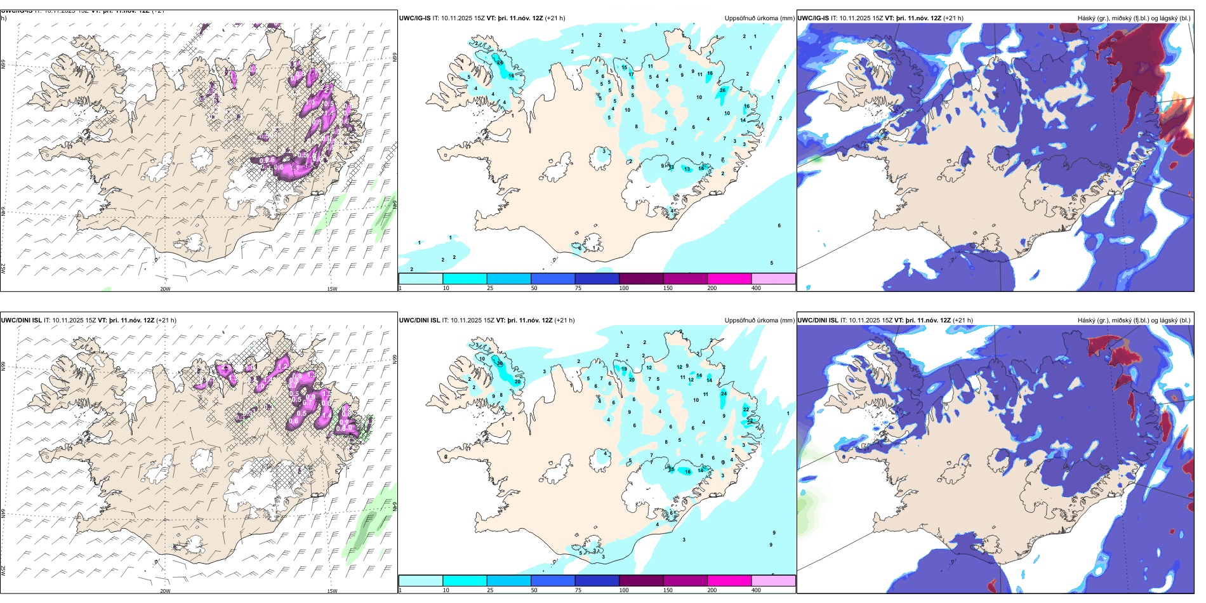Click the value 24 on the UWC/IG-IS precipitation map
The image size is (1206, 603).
(500, 63)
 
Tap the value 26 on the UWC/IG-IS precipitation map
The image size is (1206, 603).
(722, 90)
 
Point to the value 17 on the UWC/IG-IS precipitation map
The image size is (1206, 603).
(631, 75)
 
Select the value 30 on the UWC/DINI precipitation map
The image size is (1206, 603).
(500, 364)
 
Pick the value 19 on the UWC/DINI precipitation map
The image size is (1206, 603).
(624, 369)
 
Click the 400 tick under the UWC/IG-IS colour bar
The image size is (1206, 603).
(756, 288)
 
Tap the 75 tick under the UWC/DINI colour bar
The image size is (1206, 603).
(578, 590)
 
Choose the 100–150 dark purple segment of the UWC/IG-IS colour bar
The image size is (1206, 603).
(641, 279)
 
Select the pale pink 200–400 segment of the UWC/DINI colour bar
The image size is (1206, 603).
(773, 580)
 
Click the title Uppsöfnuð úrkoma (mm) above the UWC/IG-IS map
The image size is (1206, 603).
(759, 18)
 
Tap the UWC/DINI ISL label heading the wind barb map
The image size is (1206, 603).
(21, 320)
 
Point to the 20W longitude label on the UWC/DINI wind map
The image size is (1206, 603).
(165, 590)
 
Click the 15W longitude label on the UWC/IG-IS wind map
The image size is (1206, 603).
(331, 289)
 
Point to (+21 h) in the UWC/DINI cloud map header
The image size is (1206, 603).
(962, 320)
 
